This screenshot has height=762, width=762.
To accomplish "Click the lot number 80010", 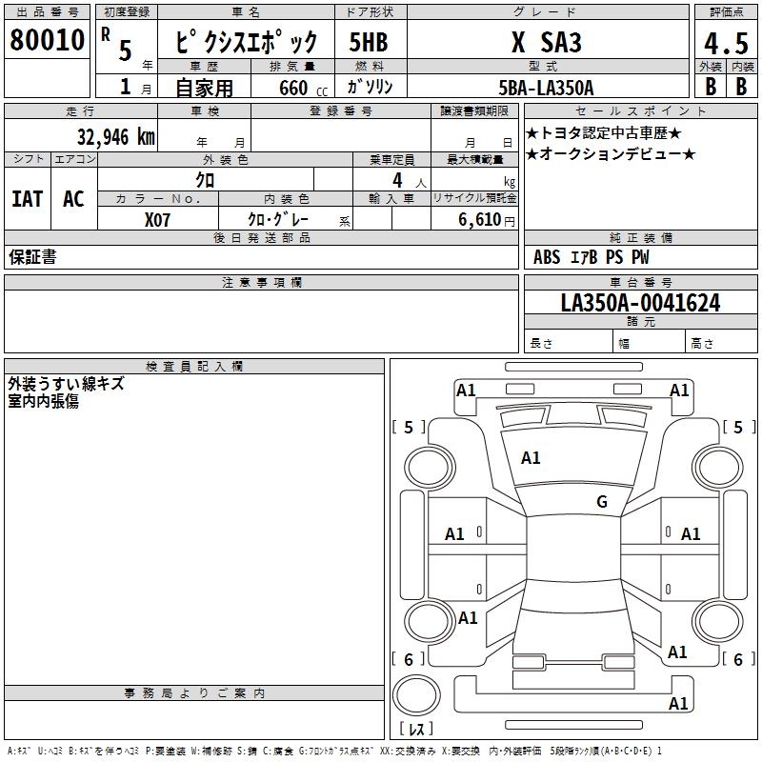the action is [x=47, y=40].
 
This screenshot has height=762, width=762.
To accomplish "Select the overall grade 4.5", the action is [x=726, y=43].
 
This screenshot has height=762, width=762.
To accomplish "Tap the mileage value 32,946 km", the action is [x=116, y=137].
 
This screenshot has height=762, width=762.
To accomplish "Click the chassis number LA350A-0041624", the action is [x=640, y=303].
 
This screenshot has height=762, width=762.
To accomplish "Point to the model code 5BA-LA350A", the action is [x=546, y=88].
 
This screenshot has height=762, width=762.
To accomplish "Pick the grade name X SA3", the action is [x=546, y=42].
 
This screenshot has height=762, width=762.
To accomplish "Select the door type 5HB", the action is [x=369, y=42].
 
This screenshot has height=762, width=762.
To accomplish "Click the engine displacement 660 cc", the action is [x=303, y=89].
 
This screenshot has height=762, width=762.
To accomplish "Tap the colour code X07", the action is [x=157, y=220].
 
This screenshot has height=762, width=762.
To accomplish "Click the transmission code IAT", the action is [x=28, y=199].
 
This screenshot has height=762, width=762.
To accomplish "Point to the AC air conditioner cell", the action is [x=74, y=199].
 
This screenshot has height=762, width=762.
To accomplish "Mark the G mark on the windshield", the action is [x=602, y=501].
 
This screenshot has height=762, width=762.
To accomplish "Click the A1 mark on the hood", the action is [x=531, y=457].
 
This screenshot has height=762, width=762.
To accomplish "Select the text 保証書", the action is [x=32, y=256].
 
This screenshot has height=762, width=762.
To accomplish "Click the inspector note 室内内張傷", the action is [x=43, y=401].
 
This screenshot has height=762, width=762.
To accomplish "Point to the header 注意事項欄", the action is [x=262, y=282].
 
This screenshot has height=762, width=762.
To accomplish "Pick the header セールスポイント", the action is [x=640, y=110].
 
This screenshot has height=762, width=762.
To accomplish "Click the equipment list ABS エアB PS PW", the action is [x=591, y=256].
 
